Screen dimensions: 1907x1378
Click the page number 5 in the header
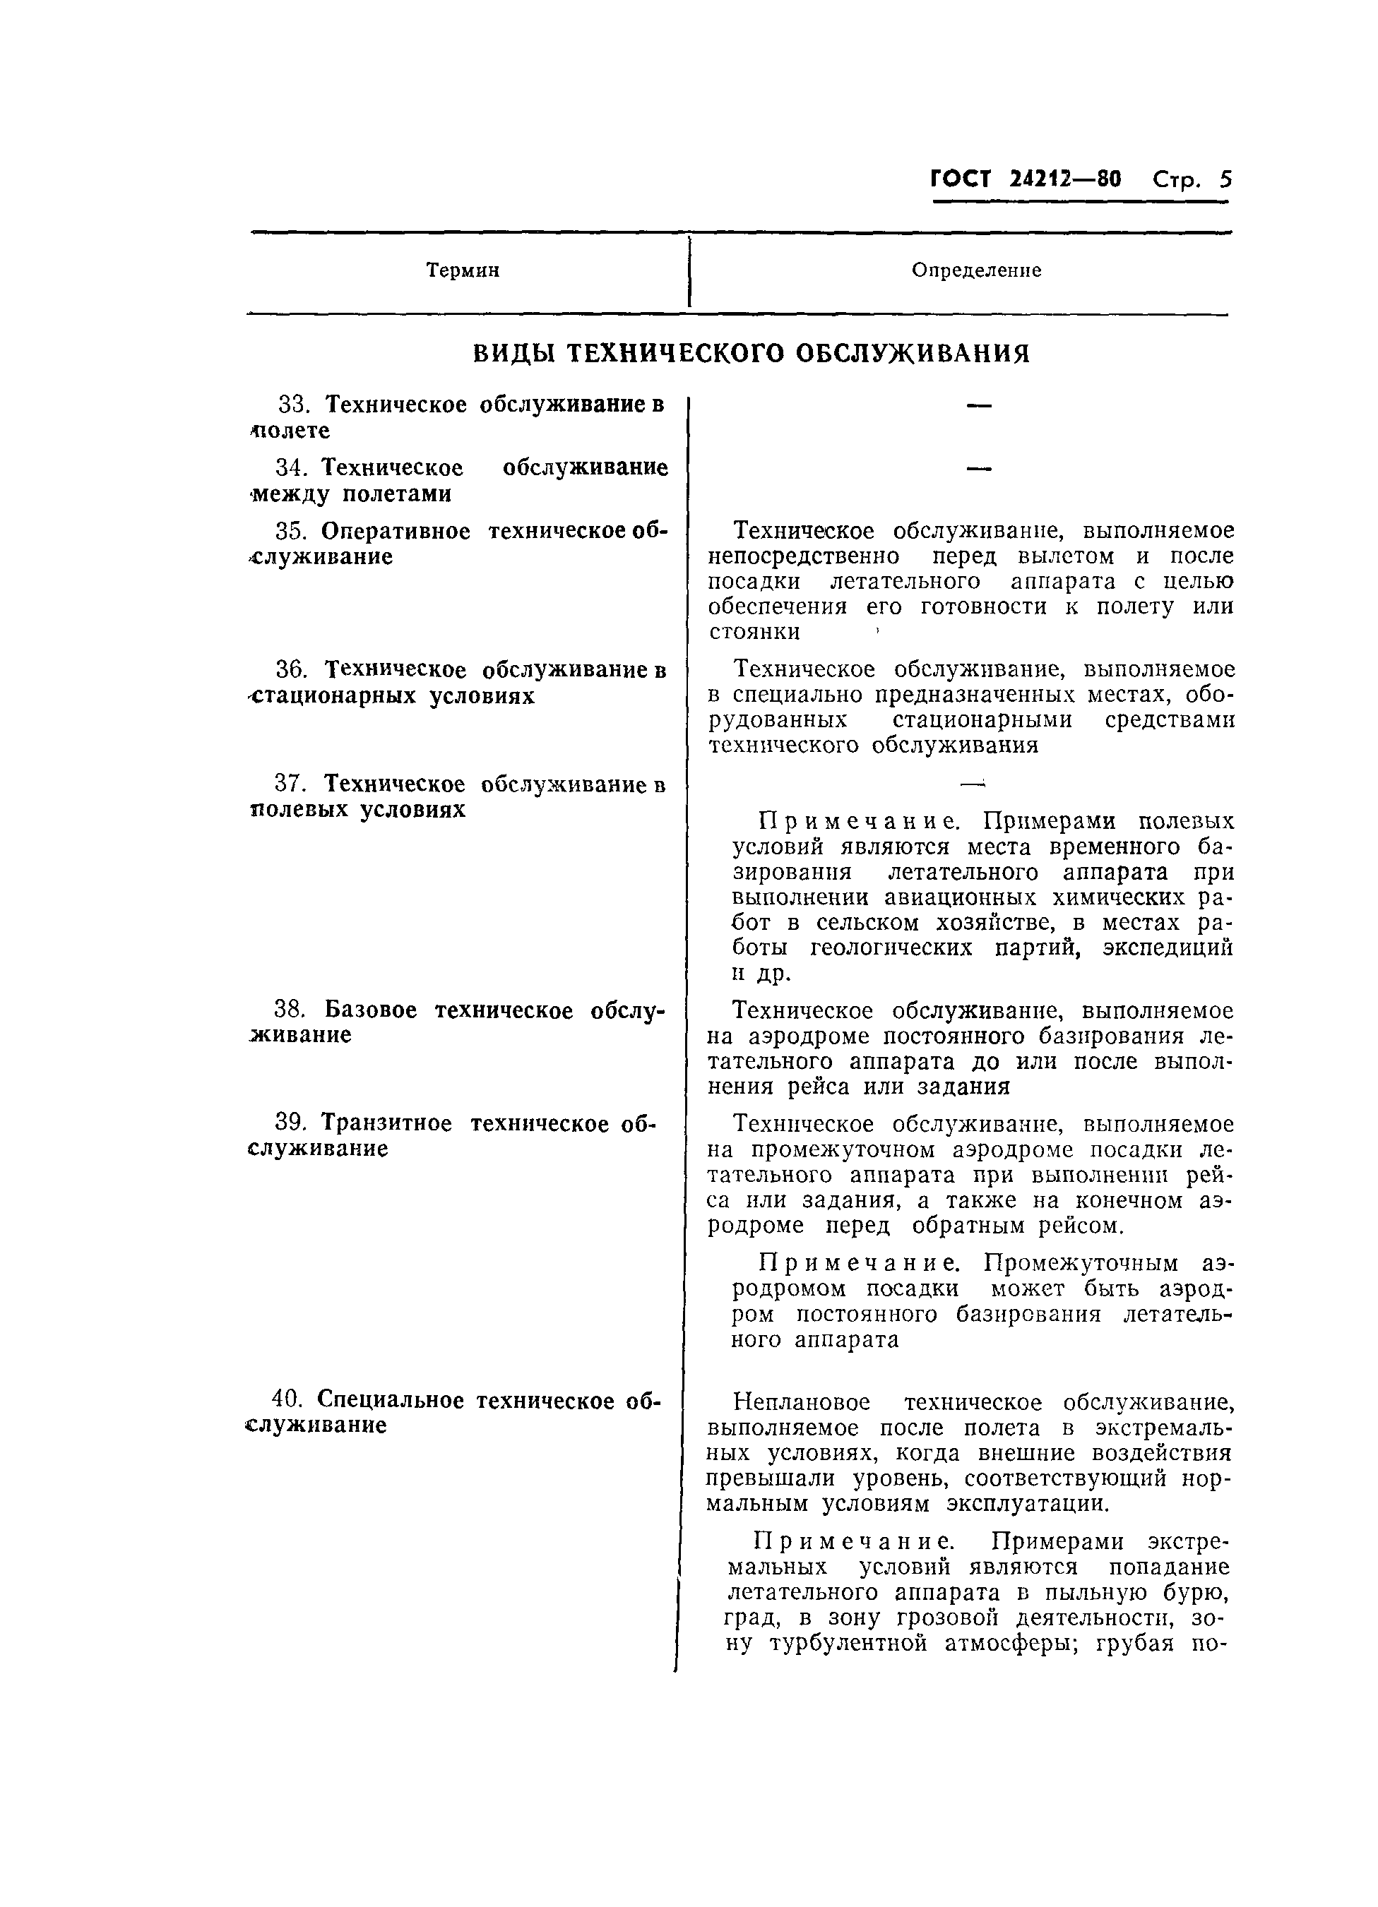(1224, 180)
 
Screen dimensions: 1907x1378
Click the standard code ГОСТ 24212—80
(1026, 180)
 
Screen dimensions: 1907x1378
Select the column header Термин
(463, 270)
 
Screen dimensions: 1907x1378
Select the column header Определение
(976, 270)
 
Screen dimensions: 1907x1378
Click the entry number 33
(294, 405)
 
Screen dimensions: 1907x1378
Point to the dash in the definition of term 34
(978, 468)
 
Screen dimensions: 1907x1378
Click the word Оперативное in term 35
(396, 532)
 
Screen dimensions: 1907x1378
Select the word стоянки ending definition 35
(754, 631)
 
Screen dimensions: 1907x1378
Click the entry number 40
(287, 1400)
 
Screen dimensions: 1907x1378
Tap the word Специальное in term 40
(391, 1400)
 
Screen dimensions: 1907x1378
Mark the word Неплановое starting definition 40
(801, 1402)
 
